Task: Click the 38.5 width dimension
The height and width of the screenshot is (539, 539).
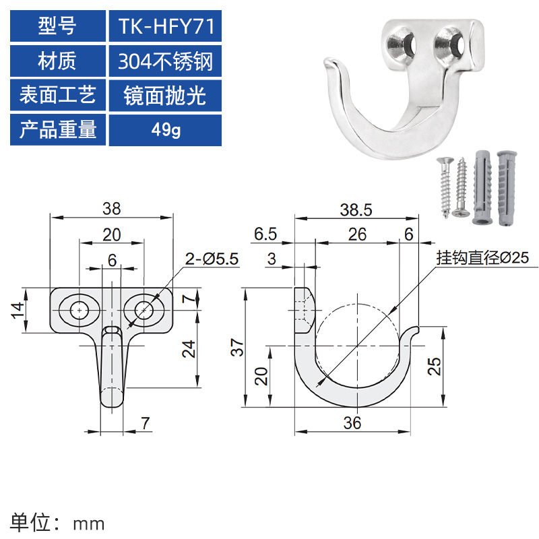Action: pyautogui.click(x=356, y=210)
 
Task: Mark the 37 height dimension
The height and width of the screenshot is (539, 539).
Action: pyautogui.click(x=235, y=348)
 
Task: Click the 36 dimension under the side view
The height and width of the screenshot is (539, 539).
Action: pyautogui.click(x=352, y=422)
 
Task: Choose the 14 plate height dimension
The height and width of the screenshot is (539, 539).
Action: pyautogui.click(x=18, y=310)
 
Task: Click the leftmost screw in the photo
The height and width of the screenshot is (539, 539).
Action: pyautogui.click(x=445, y=187)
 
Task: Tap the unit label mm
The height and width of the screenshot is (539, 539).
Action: pyautogui.click(x=89, y=522)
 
